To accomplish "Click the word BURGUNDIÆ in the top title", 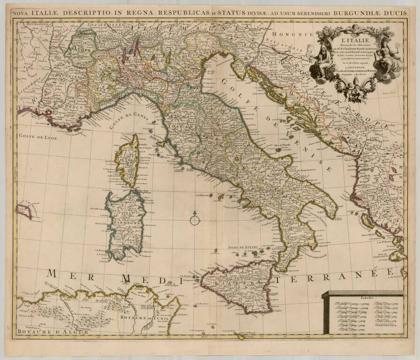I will tap(356, 13).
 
